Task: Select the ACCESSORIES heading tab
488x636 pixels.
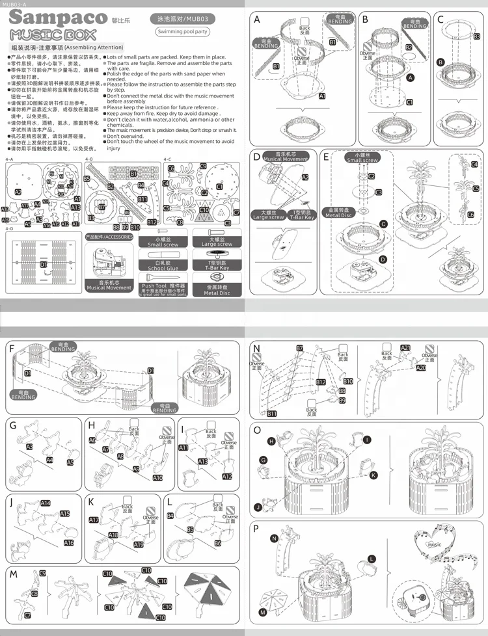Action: click(109, 237)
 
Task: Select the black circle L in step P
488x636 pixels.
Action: click(372, 558)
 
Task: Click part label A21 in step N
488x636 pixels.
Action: click(405, 348)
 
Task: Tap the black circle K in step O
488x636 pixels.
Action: click(373, 475)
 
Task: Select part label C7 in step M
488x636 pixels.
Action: click(27, 615)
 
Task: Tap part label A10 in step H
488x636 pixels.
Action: click(157, 478)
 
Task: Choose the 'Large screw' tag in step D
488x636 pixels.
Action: click(269, 215)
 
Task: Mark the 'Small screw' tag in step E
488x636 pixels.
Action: click(362, 159)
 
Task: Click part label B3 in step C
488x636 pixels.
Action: click(476, 37)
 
